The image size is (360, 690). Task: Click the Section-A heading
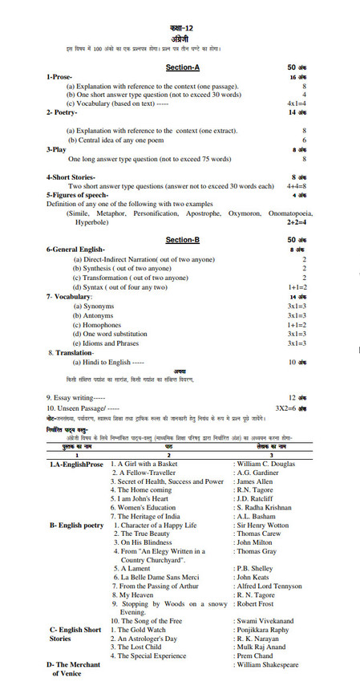(x=182, y=67)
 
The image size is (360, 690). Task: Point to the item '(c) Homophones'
(x=105, y=324)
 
